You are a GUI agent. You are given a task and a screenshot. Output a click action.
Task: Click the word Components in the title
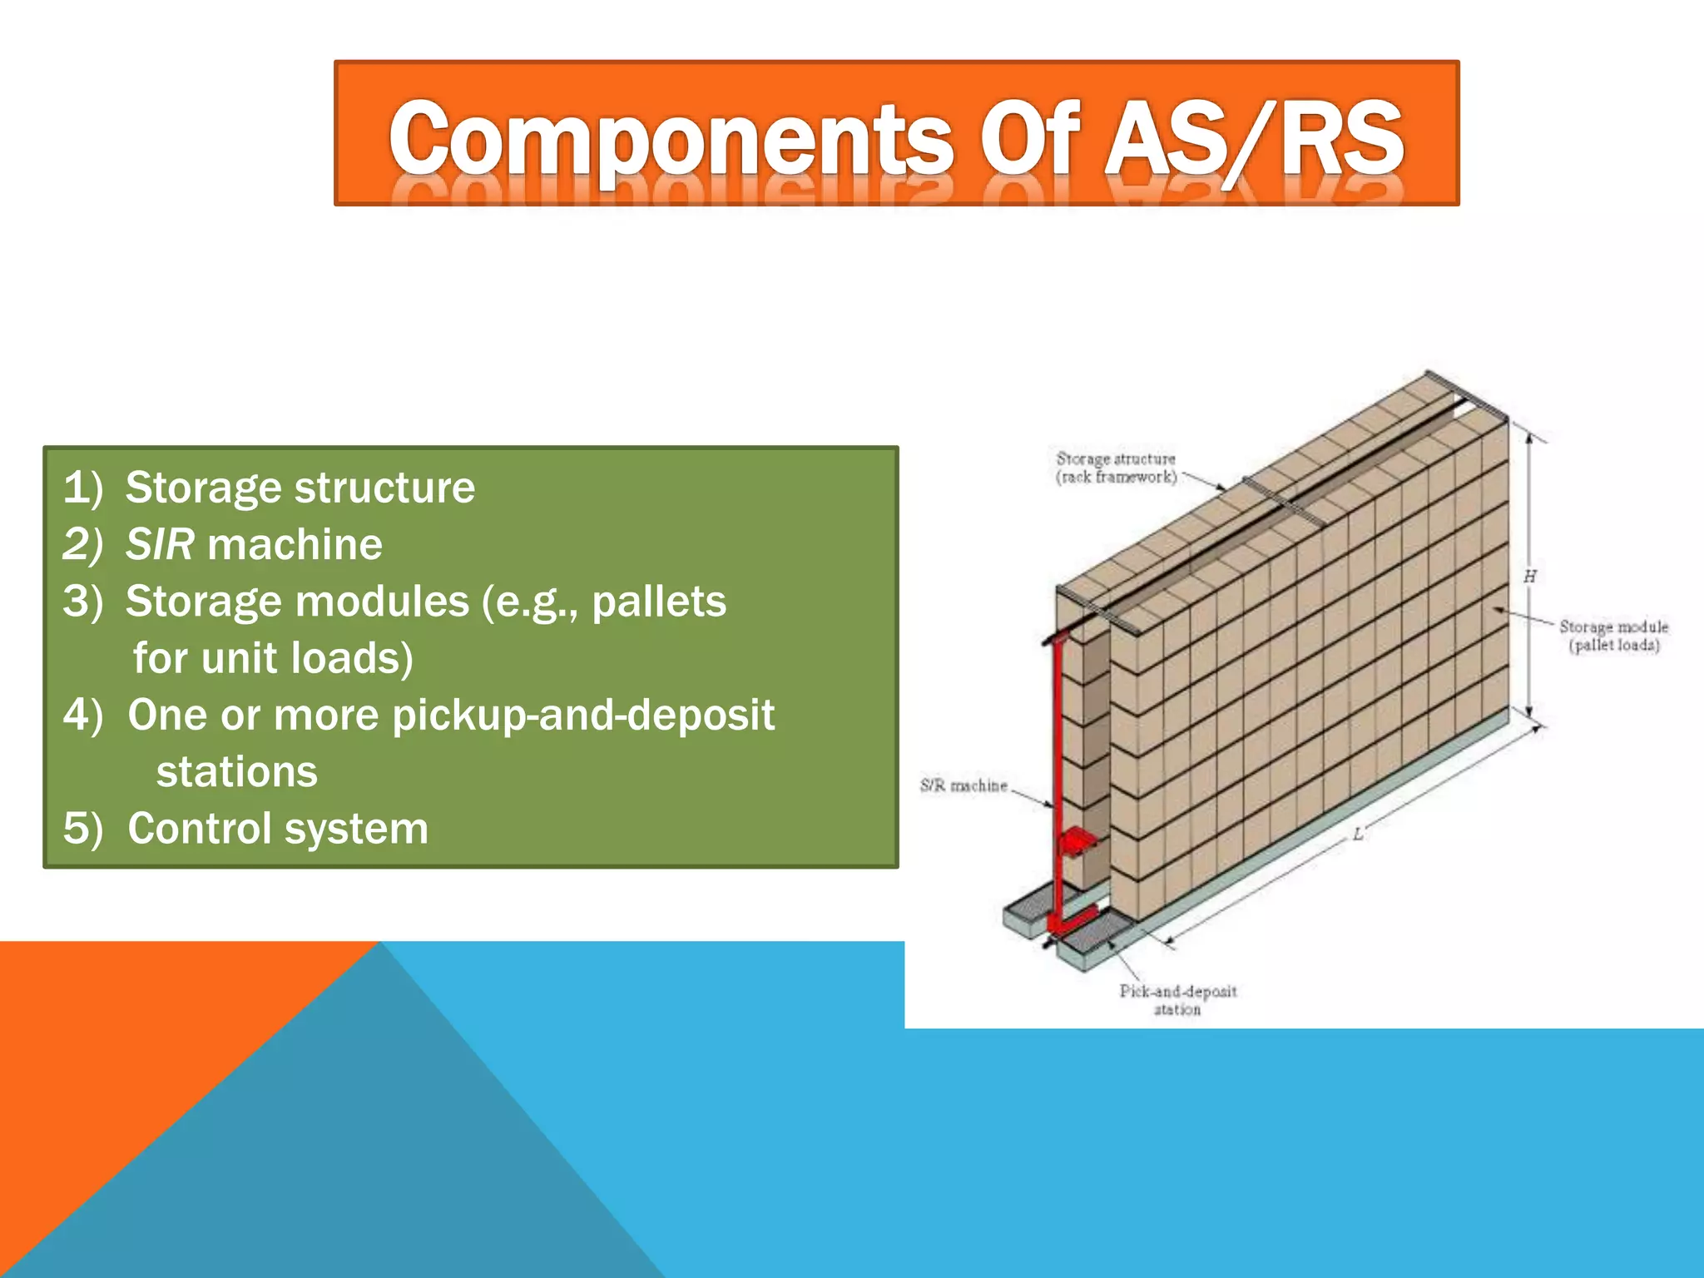[x=671, y=139]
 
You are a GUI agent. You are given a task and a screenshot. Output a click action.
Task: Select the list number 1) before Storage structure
[x=83, y=488]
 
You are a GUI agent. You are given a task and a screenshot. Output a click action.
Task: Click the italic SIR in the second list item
[x=160, y=545]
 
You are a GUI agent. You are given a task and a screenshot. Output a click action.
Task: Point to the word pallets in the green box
[x=659, y=602]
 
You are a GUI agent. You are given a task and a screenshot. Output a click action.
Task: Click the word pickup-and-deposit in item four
[x=583, y=716]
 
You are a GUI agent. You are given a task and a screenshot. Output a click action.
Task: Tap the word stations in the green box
[x=237, y=772]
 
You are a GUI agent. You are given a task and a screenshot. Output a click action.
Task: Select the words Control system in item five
[x=278, y=829]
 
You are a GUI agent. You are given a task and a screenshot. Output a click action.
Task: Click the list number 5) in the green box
[x=83, y=829]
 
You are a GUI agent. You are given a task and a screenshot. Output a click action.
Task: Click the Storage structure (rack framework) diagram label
[x=1116, y=468]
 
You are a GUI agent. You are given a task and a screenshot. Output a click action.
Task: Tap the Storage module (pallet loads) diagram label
[x=1612, y=636]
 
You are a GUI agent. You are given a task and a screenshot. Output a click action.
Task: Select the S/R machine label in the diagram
[x=963, y=785]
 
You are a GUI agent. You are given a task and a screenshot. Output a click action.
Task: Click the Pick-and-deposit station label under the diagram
[x=1177, y=999]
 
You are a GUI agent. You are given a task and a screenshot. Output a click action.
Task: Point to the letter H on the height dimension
[x=1529, y=577]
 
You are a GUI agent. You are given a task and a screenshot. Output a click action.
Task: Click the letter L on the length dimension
[x=1358, y=834]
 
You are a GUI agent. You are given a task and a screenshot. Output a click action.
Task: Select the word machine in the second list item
[x=295, y=545]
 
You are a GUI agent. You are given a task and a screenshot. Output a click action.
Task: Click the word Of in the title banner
[x=1028, y=137]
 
